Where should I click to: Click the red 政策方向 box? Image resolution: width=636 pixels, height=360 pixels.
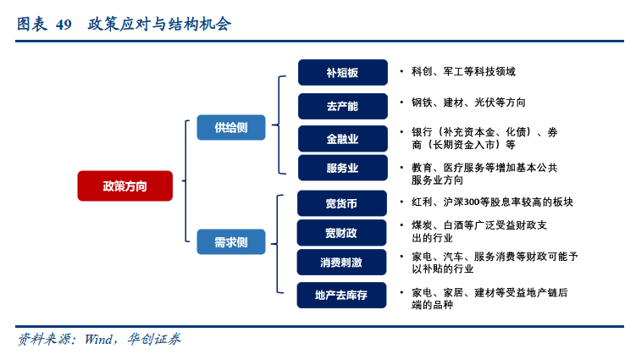click(124, 186)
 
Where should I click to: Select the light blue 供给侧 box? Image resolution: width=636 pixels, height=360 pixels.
click(231, 127)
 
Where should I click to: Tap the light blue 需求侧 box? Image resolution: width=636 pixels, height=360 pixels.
click(231, 242)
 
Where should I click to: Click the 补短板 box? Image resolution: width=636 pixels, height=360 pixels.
click(342, 73)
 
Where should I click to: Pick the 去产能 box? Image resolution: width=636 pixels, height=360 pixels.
click(342, 106)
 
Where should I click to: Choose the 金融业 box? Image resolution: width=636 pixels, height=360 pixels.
click(342, 139)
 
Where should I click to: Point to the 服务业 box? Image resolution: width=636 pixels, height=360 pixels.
click(342, 168)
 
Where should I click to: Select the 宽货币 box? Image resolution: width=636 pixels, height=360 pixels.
click(342, 203)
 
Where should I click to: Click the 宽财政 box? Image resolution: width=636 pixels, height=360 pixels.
click(342, 232)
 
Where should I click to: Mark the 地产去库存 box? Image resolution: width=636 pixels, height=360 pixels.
click(342, 295)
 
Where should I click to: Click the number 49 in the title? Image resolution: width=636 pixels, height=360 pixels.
click(64, 25)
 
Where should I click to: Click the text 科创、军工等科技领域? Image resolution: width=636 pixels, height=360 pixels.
click(463, 72)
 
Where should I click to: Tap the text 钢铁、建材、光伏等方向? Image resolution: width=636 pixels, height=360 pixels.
click(468, 102)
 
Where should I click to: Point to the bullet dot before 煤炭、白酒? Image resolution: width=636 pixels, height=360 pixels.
click(401, 226)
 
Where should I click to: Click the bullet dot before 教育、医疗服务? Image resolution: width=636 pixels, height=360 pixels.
click(401, 168)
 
